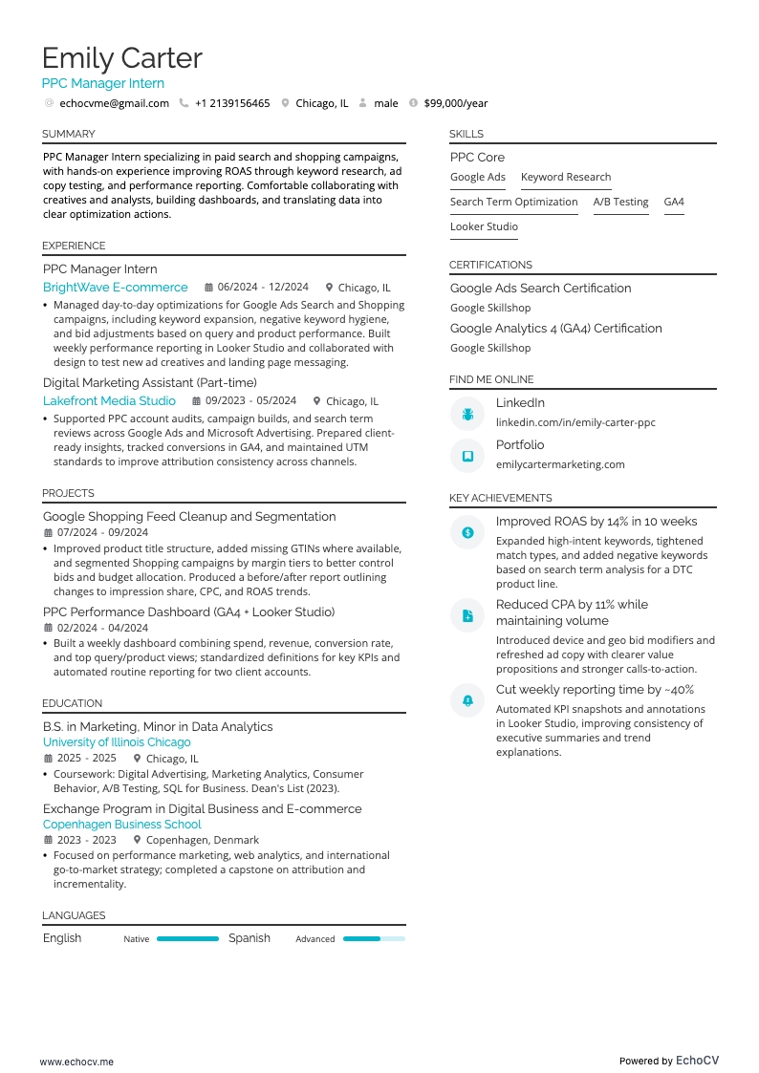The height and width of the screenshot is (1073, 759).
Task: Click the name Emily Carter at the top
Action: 122,58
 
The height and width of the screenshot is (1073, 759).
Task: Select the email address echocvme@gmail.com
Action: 114,103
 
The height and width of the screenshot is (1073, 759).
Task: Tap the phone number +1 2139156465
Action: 232,103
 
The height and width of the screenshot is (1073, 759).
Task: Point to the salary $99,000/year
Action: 455,103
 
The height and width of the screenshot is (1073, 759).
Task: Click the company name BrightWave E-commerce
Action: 116,287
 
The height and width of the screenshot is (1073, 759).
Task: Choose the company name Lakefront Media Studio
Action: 109,401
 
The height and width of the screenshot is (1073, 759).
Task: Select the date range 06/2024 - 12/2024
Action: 263,287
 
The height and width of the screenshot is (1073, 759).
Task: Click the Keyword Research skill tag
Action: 566,177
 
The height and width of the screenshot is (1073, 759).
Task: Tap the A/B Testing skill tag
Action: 620,202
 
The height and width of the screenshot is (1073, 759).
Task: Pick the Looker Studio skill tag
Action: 484,226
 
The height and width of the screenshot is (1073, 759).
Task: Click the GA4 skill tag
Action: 674,202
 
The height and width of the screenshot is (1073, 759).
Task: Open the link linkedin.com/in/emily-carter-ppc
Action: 575,422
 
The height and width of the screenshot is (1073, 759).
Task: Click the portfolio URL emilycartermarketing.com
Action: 560,464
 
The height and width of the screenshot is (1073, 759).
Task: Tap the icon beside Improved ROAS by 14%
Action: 467,532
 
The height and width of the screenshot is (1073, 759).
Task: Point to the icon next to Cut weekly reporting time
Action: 467,700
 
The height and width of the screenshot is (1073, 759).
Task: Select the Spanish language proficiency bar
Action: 374,939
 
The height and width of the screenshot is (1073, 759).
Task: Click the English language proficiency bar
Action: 187,939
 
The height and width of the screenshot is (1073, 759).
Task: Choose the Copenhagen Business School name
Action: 122,824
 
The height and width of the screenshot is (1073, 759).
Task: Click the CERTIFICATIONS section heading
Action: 490,265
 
